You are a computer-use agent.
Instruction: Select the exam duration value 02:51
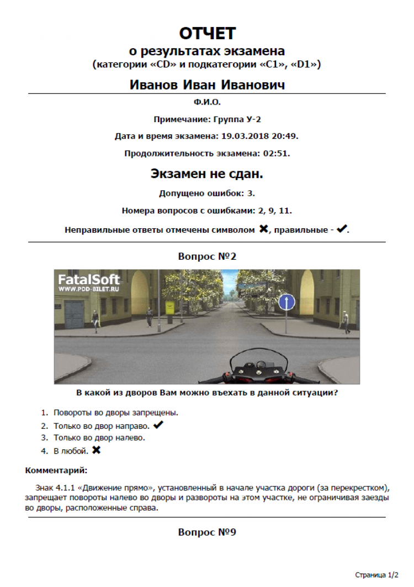[x=279, y=153]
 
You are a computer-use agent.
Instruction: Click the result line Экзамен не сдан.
[x=207, y=174]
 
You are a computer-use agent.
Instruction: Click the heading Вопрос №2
[x=207, y=256]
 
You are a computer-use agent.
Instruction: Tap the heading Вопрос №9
[x=207, y=532]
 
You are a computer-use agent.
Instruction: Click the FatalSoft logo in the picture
[x=88, y=280]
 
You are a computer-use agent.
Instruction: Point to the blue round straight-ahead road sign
[x=286, y=302]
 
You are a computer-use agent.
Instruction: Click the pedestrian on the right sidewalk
[x=346, y=321]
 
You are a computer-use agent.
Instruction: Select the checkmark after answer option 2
[x=158, y=425]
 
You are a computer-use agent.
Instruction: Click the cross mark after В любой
[x=97, y=450]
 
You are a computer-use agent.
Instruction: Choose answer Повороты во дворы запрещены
[x=116, y=412]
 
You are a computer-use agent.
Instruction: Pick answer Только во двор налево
[x=99, y=438]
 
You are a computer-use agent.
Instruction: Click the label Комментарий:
[x=56, y=470]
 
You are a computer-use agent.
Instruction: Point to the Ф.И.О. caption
[x=207, y=102]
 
